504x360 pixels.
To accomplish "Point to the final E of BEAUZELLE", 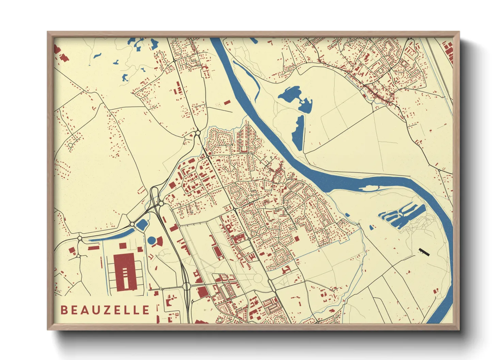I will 146,310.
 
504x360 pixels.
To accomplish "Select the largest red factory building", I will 125,272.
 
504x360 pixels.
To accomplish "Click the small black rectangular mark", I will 424,252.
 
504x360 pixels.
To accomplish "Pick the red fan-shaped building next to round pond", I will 159,242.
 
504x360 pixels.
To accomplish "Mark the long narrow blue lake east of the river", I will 298,133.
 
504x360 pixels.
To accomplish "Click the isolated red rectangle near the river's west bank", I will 227,102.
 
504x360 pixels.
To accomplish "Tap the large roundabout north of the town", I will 198,133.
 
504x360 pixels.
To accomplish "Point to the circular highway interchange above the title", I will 186,286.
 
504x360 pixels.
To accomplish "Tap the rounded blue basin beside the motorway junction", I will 142,224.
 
